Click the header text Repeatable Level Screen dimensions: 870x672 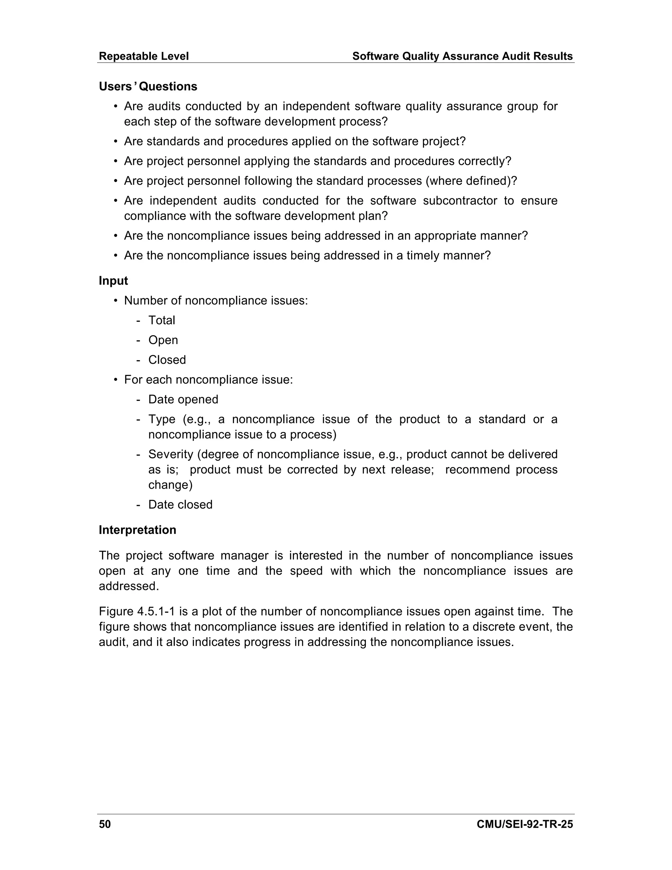143,56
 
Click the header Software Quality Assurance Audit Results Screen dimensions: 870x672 462,56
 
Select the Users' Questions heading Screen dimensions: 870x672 148,86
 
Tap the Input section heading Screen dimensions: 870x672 113,281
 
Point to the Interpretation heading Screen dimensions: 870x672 137,530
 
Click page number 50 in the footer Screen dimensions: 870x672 105,824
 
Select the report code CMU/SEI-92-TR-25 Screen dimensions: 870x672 524,824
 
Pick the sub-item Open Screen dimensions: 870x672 163,340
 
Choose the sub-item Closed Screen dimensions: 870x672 167,360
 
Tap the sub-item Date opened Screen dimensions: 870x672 183,399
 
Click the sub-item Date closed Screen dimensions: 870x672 180,505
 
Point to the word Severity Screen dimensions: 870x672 170,454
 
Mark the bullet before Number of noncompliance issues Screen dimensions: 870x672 116,301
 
